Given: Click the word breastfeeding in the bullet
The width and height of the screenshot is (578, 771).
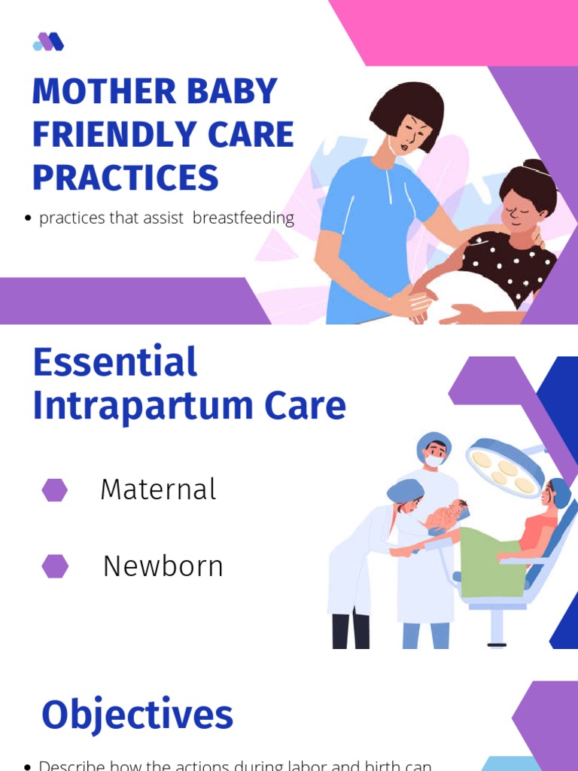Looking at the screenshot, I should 243,218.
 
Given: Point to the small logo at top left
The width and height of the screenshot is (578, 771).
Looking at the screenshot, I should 48,42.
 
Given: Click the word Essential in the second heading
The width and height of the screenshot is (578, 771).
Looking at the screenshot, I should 114,363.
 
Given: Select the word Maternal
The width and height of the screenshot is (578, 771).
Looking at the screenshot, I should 158,490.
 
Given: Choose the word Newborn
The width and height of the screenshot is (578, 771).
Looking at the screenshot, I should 163,566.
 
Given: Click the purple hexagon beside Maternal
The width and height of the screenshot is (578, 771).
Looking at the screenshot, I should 55,490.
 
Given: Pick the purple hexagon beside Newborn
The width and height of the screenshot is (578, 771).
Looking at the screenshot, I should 55,566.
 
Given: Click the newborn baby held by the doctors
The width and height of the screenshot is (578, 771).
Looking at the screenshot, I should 448,516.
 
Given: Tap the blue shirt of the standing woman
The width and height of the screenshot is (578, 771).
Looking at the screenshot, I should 369,226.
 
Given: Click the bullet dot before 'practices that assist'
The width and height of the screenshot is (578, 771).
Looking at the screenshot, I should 28,219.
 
